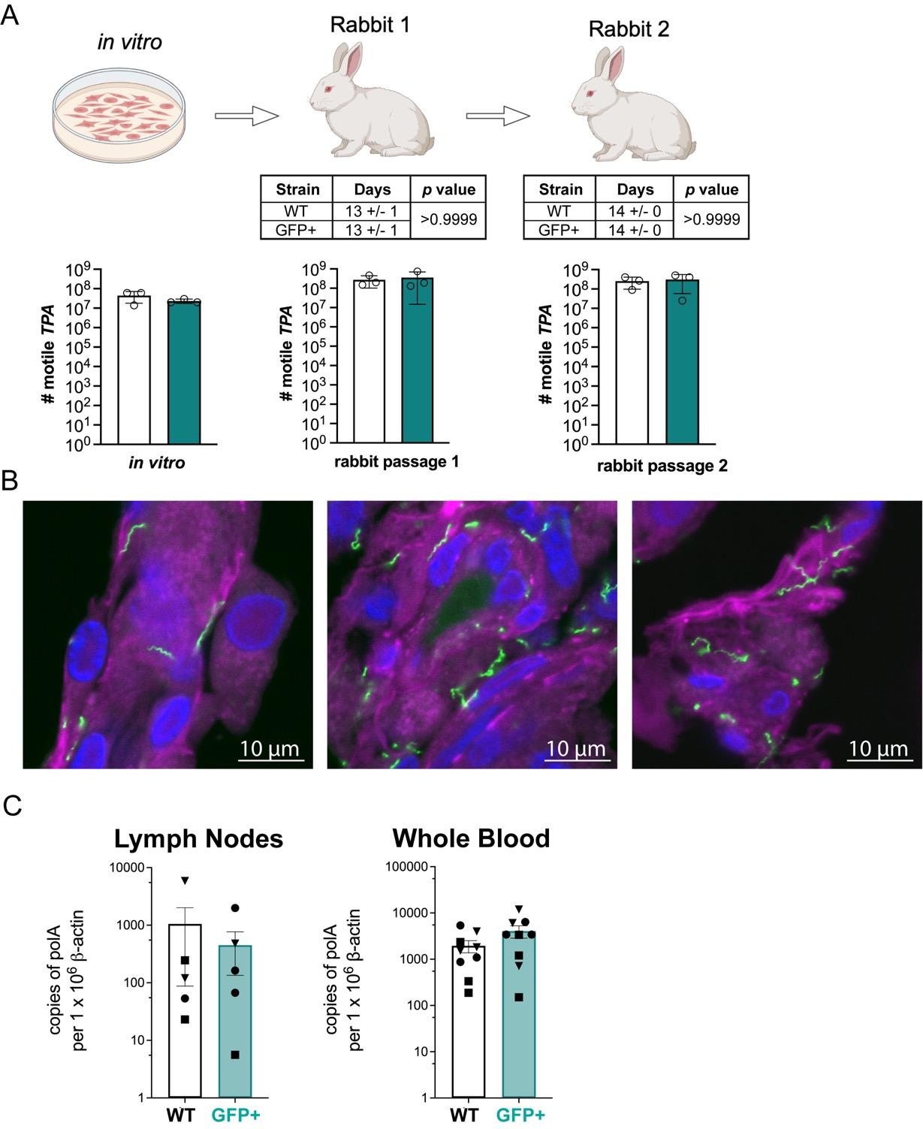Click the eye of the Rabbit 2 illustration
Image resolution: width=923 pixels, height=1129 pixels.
coord(590,93)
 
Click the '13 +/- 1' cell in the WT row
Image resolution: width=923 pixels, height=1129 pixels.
coord(371,211)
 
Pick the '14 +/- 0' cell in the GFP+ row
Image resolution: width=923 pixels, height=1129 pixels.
coord(635,230)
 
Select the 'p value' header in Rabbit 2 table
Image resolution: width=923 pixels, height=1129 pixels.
coord(711,189)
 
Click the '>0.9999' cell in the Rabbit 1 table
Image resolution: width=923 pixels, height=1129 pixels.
coord(448,220)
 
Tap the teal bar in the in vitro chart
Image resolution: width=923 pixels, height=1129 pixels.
coord(184,373)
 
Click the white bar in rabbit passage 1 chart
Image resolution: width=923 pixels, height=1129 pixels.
coord(369,361)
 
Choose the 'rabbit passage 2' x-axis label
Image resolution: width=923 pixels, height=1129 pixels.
coord(662,466)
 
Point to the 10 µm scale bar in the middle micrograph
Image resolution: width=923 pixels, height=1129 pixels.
coord(575,759)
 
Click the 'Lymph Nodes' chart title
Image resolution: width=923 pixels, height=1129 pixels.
coord(198,838)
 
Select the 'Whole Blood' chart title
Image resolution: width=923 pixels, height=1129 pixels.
coord(471,838)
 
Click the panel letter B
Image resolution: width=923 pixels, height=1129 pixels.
coord(11,481)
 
